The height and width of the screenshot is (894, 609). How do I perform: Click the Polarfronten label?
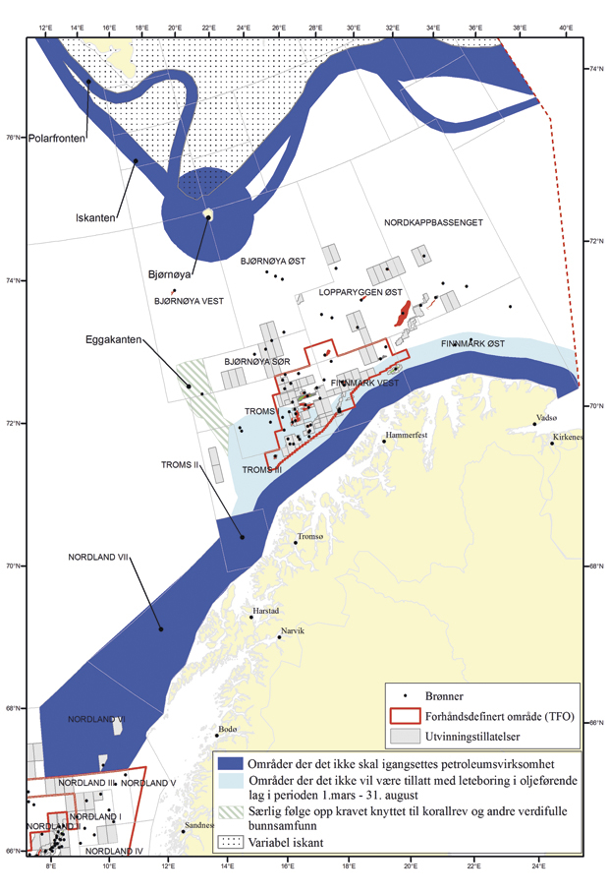[x=57, y=140]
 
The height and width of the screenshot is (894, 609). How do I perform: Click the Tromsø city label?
[x=311, y=538]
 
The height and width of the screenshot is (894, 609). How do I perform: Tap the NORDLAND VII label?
[x=99, y=558]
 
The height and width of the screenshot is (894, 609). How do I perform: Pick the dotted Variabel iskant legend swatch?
[x=234, y=842]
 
